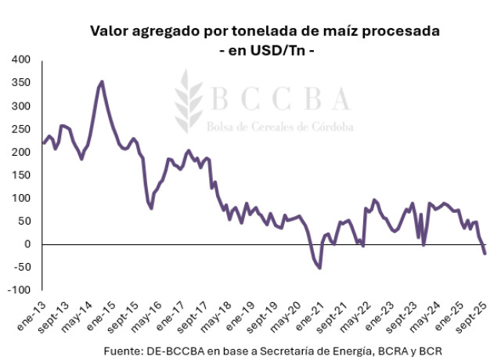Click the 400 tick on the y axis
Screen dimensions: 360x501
(20, 59)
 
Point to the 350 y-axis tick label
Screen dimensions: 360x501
(20, 83)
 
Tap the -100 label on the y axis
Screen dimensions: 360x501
(18, 290)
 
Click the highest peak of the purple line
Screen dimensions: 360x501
(102, 81)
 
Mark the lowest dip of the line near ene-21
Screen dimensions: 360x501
(319, 268)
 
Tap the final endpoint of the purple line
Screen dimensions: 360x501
(485, 254)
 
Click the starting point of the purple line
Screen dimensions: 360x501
(43, 143)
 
